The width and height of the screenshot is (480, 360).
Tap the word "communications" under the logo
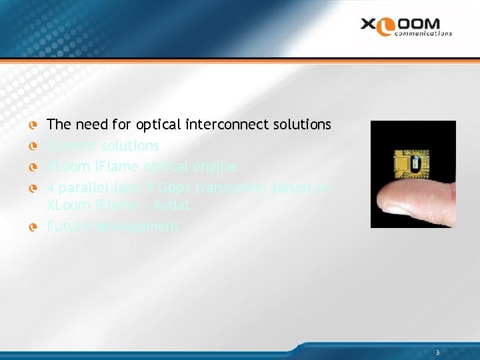click(x=423, y=33)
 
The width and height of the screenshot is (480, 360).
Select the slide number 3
click(x=437, y=352)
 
